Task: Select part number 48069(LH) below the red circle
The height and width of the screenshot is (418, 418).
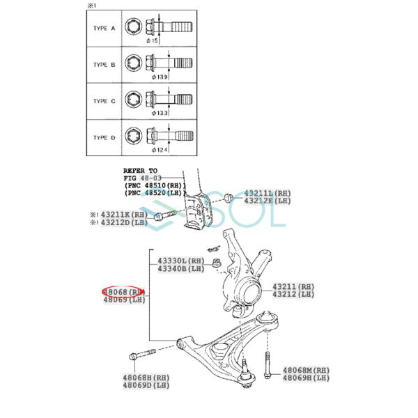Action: [123, 300]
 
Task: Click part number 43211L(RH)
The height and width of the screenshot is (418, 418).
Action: [268, 192]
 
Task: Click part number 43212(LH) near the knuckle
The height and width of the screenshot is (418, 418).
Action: [293, 295]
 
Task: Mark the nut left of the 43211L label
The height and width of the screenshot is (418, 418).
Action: [229, 198]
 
